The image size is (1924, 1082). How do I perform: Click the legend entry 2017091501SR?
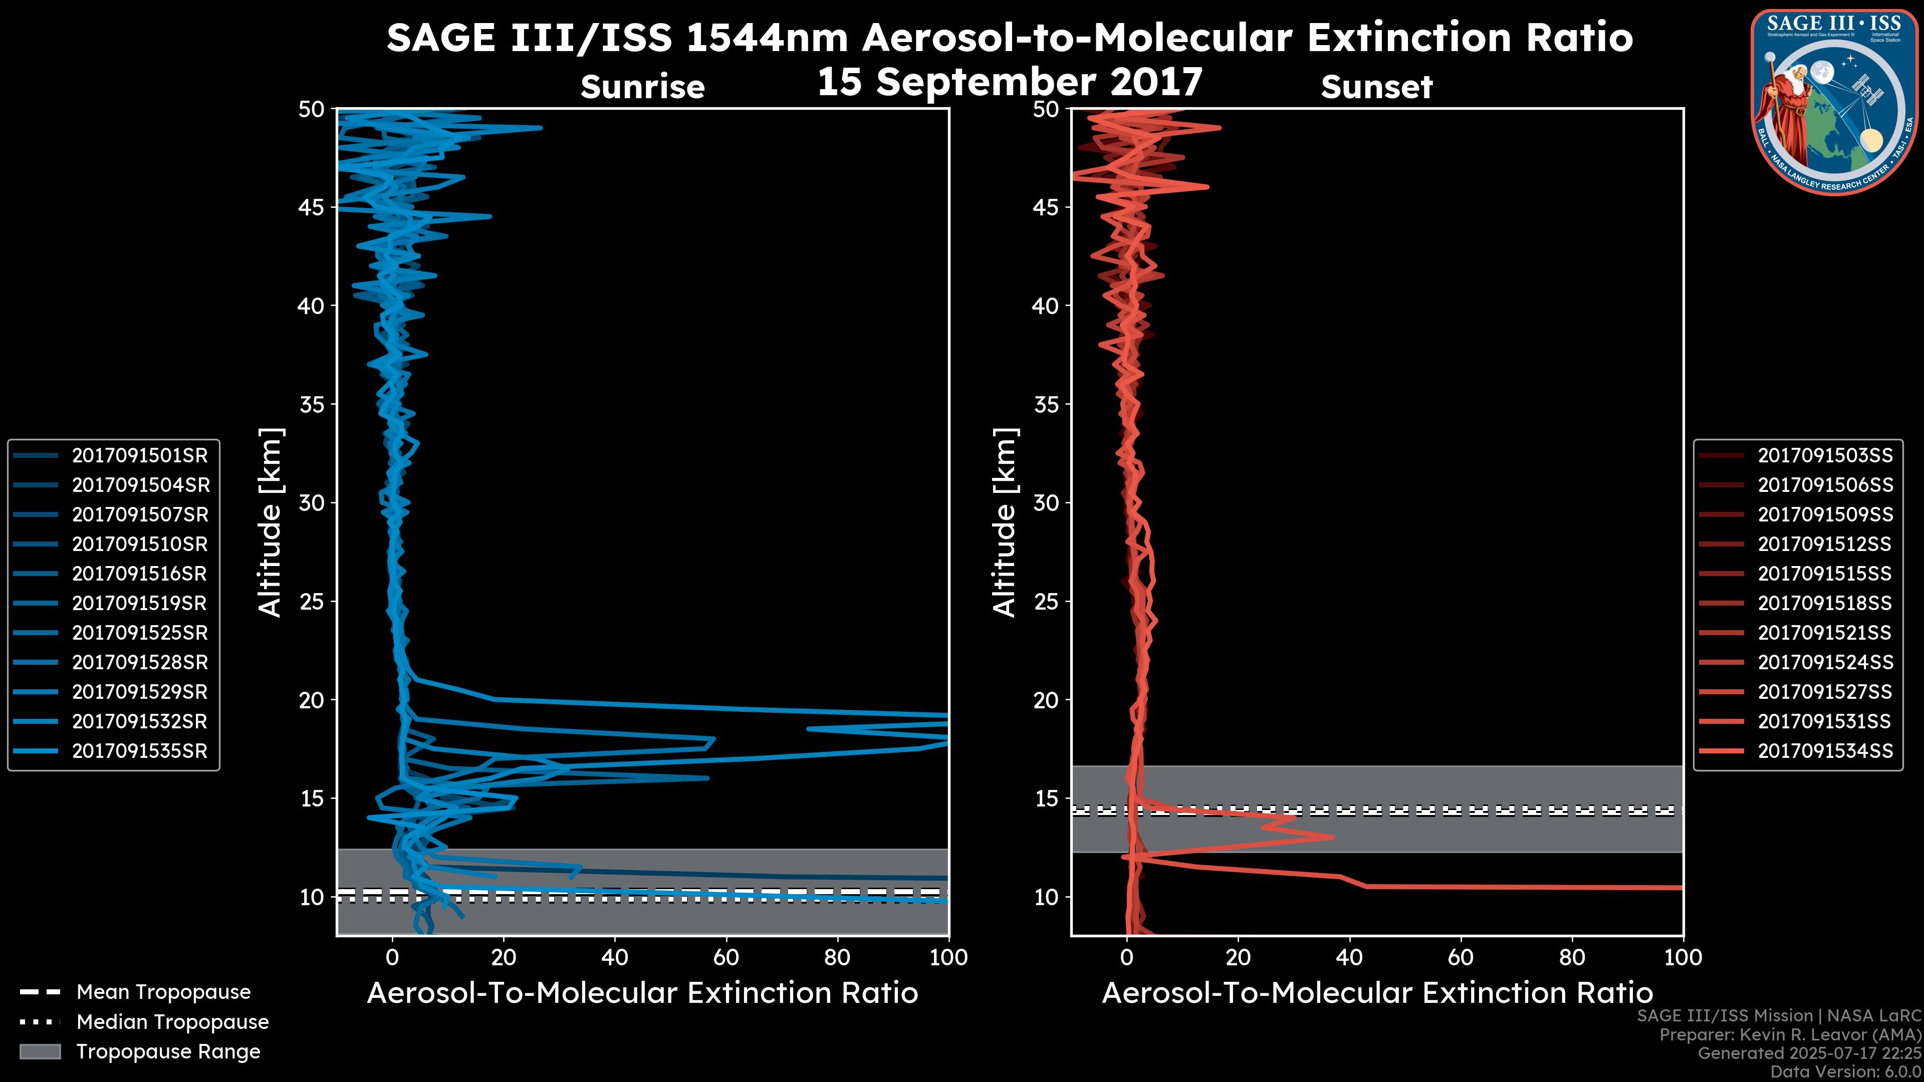pos(140,455)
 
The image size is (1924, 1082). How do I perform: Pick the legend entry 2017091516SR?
pos(140,574)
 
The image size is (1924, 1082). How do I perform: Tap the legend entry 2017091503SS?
pos(1825,455)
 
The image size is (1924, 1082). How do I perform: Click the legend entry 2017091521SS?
pos(1825,633)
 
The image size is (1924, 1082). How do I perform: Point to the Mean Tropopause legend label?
pos(163,992)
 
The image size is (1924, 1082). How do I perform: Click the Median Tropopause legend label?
pos(172,1021)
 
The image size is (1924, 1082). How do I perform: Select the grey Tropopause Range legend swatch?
pos(40,1051)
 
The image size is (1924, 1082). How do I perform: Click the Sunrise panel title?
pos(642,87)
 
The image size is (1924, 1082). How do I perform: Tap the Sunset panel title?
pos(1376,87)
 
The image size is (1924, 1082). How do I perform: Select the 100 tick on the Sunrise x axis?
pos(948,957)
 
